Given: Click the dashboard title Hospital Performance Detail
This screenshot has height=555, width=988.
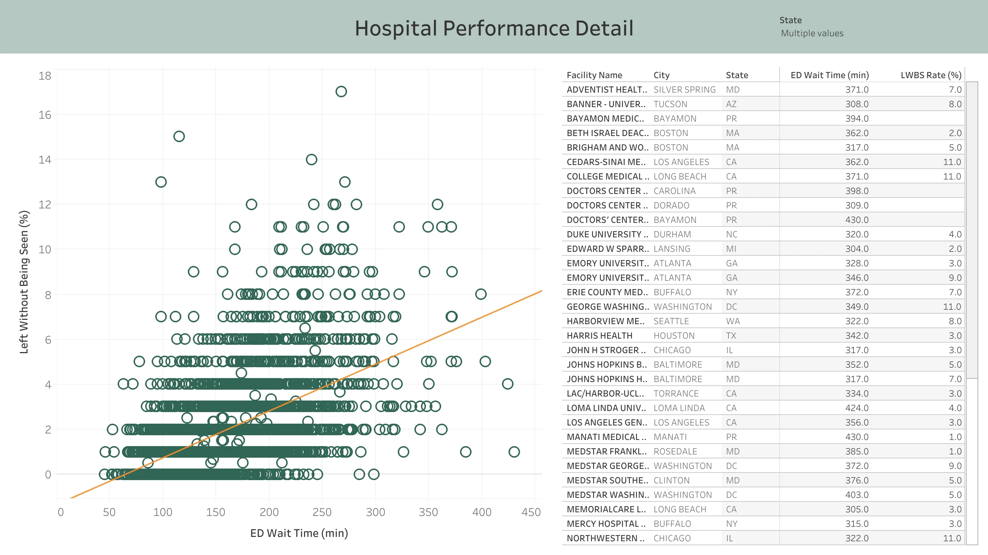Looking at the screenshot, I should (494, 28).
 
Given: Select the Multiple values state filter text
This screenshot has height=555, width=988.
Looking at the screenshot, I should (812, 33).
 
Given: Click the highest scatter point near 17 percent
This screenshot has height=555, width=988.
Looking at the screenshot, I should (341, 91).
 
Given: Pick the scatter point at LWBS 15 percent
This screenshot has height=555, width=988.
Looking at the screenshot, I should (179, 136).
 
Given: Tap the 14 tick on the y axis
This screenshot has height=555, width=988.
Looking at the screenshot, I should (45, 160).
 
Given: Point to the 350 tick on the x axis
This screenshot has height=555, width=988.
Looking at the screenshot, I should (428, 512).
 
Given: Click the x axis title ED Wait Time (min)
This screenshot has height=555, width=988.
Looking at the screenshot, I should (299, 533).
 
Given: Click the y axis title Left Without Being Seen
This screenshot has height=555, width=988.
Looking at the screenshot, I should (24, 282).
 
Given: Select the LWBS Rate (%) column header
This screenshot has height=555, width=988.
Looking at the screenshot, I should (930, 75).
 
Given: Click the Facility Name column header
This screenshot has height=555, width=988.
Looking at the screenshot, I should (594, 75).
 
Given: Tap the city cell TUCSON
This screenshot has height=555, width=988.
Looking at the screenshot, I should (670, 104).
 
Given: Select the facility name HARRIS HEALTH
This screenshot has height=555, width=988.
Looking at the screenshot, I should (599, 336).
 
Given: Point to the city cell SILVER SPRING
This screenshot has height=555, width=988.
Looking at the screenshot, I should (684, 90).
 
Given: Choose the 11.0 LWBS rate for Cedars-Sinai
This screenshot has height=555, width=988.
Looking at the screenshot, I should (951, 162).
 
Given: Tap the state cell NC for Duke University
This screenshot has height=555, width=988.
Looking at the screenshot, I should (731, 234).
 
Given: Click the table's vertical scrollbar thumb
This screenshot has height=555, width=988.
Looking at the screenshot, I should (971, 230).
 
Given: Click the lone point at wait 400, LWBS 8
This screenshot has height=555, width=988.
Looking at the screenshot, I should (481, 294).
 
